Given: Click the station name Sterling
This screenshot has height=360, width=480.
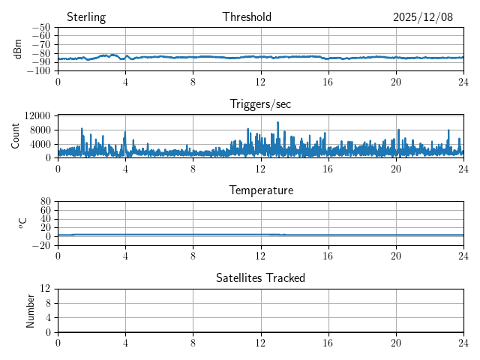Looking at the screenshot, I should click(x=86, y=17).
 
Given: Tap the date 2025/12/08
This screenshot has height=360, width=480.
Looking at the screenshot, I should click(x=423, y=17).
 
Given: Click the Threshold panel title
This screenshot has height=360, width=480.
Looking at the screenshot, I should click(x=247, y=17).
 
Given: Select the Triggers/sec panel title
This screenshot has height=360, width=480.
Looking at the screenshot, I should click(x=260, y=104).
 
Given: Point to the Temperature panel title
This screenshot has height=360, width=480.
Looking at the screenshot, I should click(x=260, y=190).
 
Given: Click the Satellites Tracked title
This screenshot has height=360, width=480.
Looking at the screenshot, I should click(x=260, y=278).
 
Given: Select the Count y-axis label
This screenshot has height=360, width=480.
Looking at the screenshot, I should click(x=16, y=136).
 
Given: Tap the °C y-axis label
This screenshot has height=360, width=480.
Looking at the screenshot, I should click(x=22, y=223).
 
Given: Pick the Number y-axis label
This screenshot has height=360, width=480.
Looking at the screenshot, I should click(x=31, y=310).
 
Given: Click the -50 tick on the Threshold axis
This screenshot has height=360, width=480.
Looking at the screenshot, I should click(x=40, y=28).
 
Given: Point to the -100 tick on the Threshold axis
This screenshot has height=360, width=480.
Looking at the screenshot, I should click(x=38, y=71).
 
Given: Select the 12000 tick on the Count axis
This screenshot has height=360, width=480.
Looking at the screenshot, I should click(x=37, y=115).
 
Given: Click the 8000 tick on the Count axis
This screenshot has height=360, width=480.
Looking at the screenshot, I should click(x=40, y=129).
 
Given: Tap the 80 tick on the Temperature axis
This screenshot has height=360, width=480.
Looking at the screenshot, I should click(x=46, y=202).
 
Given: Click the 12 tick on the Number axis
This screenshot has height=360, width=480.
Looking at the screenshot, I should click(x=46, y=289).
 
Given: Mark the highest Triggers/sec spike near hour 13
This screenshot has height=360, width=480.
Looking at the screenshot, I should click(x=277, y=122).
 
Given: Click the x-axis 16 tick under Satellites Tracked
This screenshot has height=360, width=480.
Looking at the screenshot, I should click(x=328, y=343).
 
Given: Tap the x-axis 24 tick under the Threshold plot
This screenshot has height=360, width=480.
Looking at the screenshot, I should click(x=463, y=82).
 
